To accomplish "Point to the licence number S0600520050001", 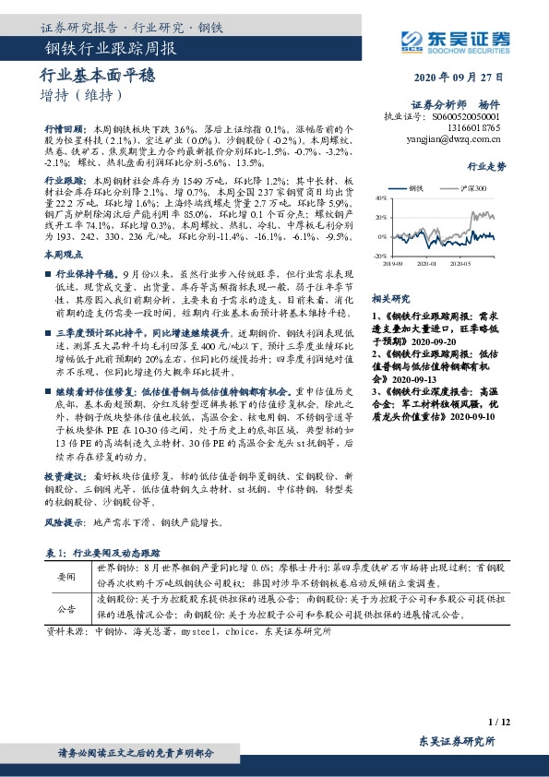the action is click(x=466, y=118).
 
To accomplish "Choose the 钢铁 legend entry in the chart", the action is click(x=421, y=187).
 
